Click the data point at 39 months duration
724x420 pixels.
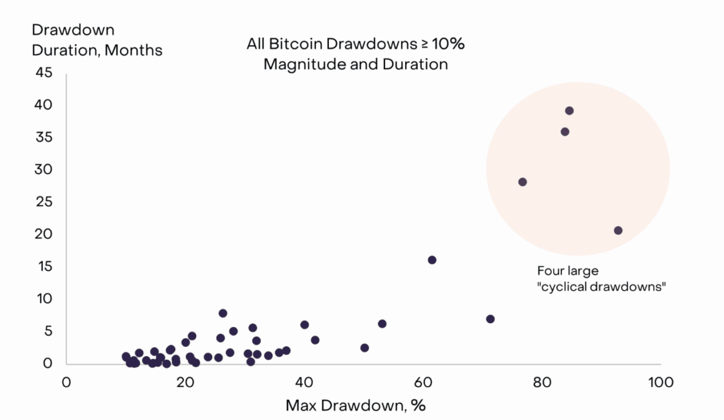tap(569, 111)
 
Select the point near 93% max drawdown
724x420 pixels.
tap(618, 231)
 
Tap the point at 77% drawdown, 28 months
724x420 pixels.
tap(522, 182)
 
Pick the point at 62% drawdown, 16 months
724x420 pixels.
tap(432, 260)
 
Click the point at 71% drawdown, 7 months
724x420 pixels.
tap(490, 319)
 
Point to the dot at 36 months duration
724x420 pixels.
tap(565, 132)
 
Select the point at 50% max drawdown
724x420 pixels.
tap(364, 348)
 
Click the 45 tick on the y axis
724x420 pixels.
tap(44, 73)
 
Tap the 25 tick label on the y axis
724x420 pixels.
tap(44, 202)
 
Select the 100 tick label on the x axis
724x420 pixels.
tap(660, 383)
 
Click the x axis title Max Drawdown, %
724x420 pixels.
tap(355, 406)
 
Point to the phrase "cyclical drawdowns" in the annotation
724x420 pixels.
tap(602, 287)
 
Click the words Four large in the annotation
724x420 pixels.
tap(568, 272)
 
